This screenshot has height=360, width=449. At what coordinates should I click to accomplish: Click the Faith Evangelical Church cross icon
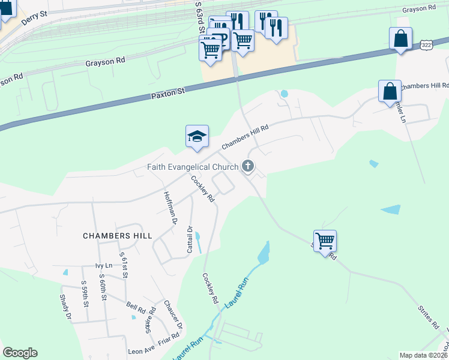pyautogui.click(x=248, y=166)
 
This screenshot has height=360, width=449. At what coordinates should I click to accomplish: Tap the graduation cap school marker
pyautogui.click(x=197, y=137)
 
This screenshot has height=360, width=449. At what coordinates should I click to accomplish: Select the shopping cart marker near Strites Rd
pyautogui.click(x=325, y=242)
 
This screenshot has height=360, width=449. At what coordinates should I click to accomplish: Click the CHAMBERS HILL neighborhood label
pyautogui.click(x=118, y=236)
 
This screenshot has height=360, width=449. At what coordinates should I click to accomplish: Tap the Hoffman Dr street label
pyautogui.click(x=171, y=208)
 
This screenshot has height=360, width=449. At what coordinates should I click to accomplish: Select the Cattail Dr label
pyautogui.click(x=190, y=239)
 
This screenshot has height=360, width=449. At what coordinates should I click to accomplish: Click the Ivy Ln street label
pyautogui.click(x=104, y=265)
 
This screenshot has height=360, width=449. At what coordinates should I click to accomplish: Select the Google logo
pyautogui.click(x=20, y=353)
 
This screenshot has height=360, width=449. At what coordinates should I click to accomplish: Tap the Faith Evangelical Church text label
pyautogui.click(x=192, y=167)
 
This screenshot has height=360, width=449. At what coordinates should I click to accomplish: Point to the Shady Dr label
pyautogui.click(x=65, y=307)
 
